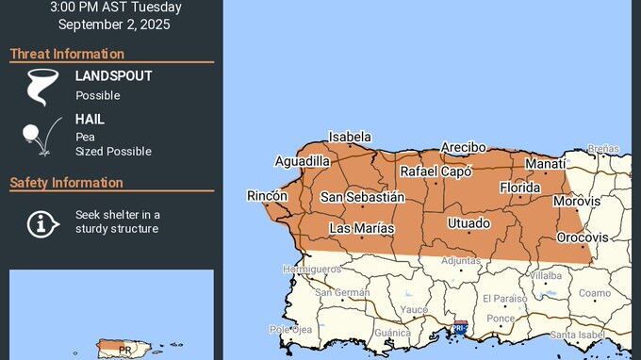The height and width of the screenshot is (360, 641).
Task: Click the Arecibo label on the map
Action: pos(464,148)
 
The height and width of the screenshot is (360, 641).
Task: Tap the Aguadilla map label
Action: pos(303,161)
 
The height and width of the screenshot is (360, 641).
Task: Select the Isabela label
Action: pos(350,137)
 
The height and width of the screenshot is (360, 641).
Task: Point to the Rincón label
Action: pos(267,195)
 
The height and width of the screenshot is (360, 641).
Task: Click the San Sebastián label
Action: pos(362,197)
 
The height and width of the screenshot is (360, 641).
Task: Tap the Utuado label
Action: pos(468,223)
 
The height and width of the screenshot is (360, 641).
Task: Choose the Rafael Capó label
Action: pos(436,172)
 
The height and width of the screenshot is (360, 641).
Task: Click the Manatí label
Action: pos(545,164)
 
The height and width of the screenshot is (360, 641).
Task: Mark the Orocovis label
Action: pos(583,237)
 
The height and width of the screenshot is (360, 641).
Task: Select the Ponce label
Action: pos(501,319)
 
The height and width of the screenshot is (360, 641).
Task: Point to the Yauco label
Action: pos(414,309)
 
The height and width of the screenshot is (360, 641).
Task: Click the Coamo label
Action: pos(594,293)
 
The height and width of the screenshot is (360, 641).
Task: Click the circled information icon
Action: pos(39,223)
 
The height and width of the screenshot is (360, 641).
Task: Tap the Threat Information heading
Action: pos(67,54)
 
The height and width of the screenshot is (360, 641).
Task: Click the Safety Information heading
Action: pos(66,182)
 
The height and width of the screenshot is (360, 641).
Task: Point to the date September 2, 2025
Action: pos(114,25)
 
